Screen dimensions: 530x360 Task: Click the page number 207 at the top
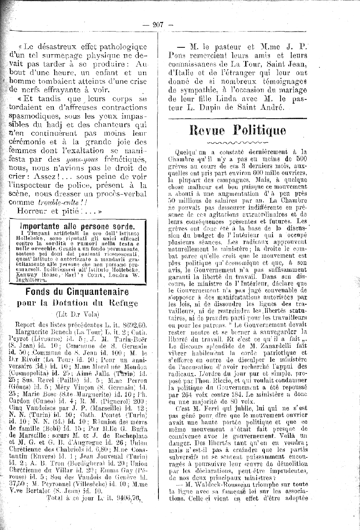coord(158,25)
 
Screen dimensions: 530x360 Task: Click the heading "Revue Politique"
coord(237,130)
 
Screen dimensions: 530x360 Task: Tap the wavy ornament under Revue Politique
coord(237,142)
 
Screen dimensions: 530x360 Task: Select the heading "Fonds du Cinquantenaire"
coord(77,292)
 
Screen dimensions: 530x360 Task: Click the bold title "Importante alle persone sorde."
coord(77,227)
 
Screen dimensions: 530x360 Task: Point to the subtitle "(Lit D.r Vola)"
coord(77,315)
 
